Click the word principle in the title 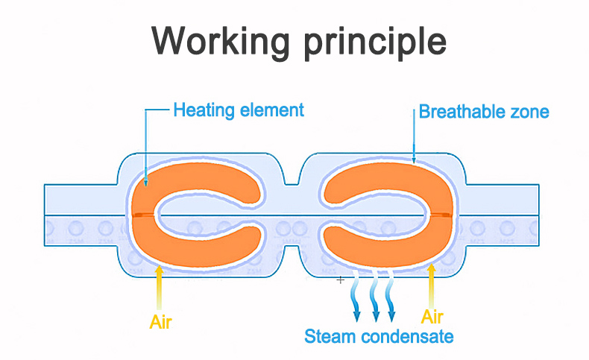373,42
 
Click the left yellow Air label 161,322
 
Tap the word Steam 330,336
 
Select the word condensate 407,336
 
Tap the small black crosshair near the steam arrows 341,280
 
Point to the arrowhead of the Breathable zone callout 415,160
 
